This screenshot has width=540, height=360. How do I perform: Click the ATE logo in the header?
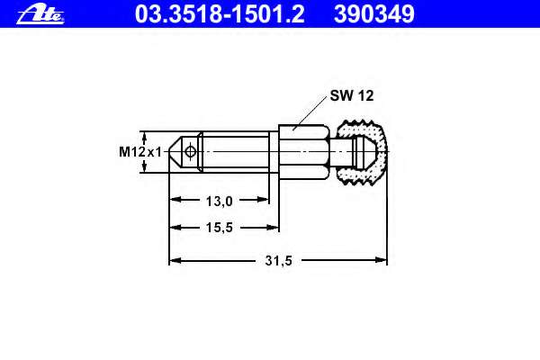[x=40, y=14]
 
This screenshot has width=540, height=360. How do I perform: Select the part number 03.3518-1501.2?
[x=220, y=14]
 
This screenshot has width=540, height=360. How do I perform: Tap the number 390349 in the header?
[x=374, y=14]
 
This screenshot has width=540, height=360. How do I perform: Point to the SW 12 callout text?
[x=352, y=95]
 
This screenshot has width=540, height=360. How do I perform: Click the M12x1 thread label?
[x=140, y=151]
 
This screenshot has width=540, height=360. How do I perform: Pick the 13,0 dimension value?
[x=220, y=202]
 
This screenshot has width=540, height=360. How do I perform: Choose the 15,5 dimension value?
[x=220, y=228]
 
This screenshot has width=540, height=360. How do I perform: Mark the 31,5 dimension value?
[x=279, y=260]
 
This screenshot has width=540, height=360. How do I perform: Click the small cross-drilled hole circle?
[x=190, y=151]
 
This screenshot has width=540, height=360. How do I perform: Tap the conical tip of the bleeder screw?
[x=175, y=151]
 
